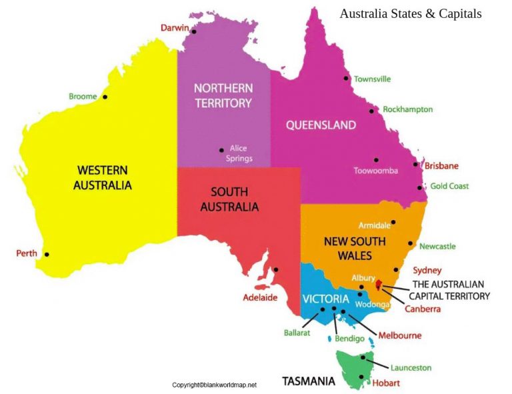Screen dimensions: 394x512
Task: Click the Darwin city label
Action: pyautogui.click(x=175, y=27)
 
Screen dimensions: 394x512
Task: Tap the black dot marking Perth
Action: pyautogui.click(x=47, y=254)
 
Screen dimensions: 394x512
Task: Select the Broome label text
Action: pyautogui.click(x=83, y=97)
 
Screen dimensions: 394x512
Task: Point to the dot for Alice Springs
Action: pyautogui.click(x=222, y=150)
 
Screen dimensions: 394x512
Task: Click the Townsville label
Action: pyautogui.click(x=372, y=79)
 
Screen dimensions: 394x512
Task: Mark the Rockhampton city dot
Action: pyautogui.click(x=372, y=111)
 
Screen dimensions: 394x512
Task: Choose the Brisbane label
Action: pyautogui.click(x=441, y=166)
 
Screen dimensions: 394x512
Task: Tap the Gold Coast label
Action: pyautogui.click(x=449, y=187)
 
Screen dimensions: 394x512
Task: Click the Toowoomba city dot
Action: pyautogui.click(x=376, y=160)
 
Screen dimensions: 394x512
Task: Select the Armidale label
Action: pyautogui.click(x=374, y=225)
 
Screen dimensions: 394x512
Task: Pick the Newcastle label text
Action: pyautogui.click(x=437, y=247)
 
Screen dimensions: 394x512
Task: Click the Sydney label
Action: pyautogui.click(x=427, y=271)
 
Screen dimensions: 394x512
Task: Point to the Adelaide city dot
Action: pyautogui.click(x=276, y=270)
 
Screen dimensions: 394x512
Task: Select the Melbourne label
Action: pyautogui.click(x=400, y=336)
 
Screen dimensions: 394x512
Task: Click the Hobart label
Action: pyautogui.click(x=387, y=383)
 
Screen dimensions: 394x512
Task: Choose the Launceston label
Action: pyautogui.click(x=411, y=368)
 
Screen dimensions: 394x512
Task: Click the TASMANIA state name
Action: pyautogui.click(x=308, y=382)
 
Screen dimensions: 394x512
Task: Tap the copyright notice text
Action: pyautogui.click(x=214, y=385)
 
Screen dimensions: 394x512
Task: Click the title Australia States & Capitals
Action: pyautogui.click(x=410, y=13)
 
